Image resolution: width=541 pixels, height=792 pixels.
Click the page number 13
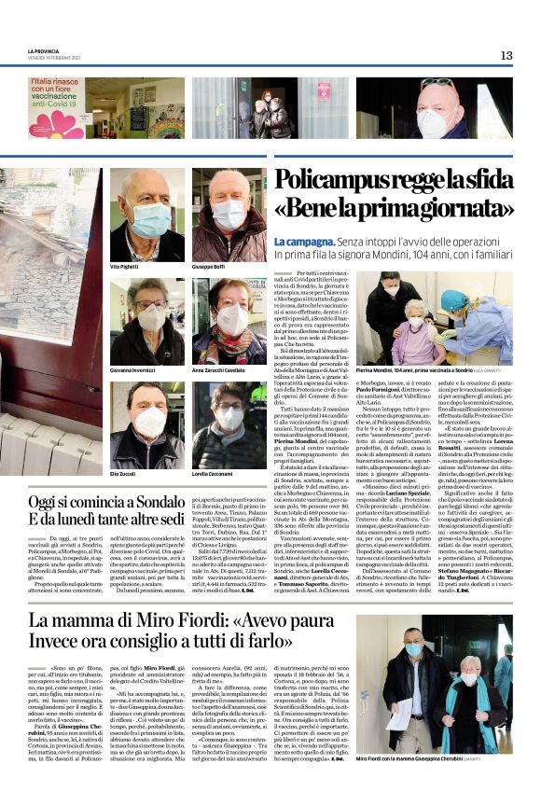click(506, 55)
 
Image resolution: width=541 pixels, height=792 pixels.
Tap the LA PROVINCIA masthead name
click(45, 51)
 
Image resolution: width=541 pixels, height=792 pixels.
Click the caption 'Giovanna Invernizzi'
click(136, 370)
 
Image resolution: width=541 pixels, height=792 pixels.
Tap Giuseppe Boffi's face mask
click(229, 215)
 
